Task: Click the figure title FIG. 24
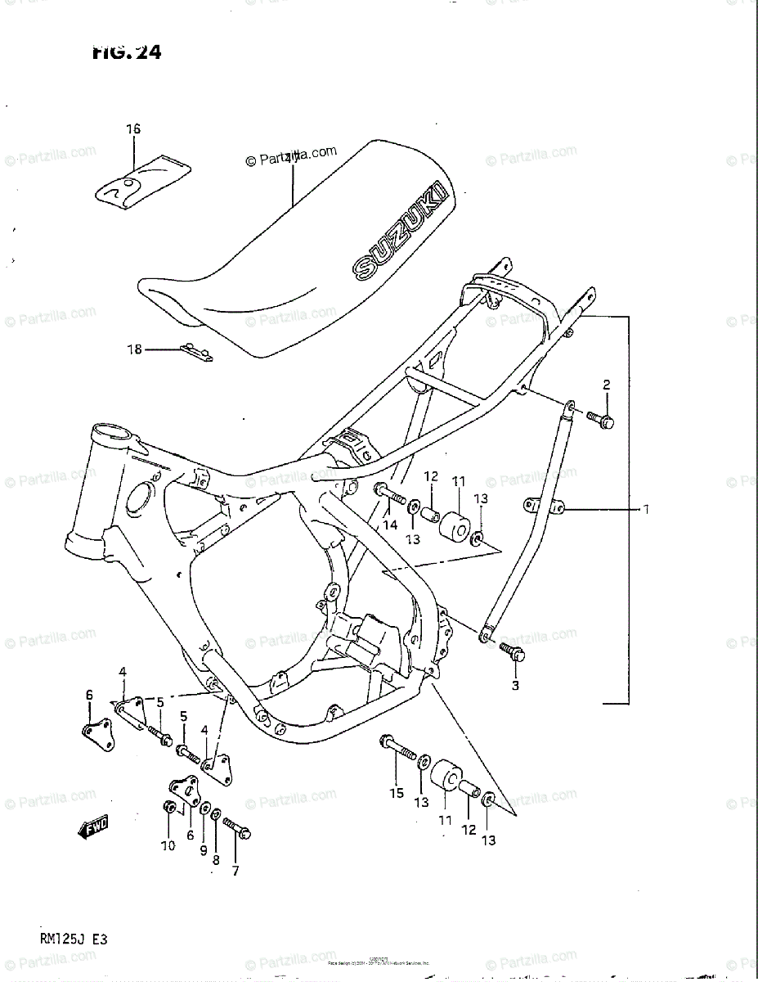(x=127, y=52)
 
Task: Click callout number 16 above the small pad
(x=133, y=129)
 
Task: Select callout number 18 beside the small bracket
(x=134, y=349)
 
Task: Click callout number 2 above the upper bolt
(x=607, y=385)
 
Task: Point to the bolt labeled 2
(x=603, y=420)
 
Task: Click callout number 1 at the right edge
(x=645, y=510)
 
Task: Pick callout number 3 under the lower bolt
(x=515, y=686)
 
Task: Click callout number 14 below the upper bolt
(x=391, y=524)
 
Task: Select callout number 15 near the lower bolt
(x=397, y=792)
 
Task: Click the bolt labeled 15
(x=397, y=748)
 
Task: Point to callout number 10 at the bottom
(x=168, y=846)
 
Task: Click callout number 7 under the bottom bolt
(x=235, y=871)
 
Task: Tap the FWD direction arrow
(x=93, y=827)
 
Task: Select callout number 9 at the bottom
(x=204, y=850)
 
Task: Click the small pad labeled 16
(x=144, y=181)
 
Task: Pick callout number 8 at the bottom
(x=216, y=860)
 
